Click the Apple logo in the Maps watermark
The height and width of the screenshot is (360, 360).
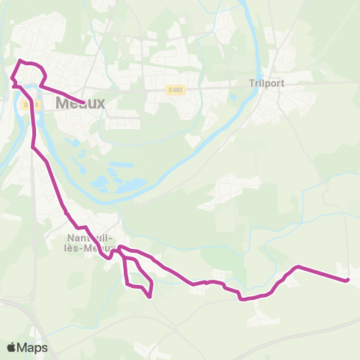coord(11,347)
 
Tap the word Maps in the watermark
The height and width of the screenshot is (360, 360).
coord(32,347)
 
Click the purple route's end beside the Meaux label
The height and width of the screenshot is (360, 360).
coord(81,103)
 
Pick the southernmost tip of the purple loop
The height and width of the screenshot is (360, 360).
coord(151,296)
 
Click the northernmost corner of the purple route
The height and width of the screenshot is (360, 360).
coord(20,60)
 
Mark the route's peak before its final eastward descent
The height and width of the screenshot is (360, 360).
coord(298,266)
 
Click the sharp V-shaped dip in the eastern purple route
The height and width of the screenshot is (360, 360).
coord(241,299)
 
